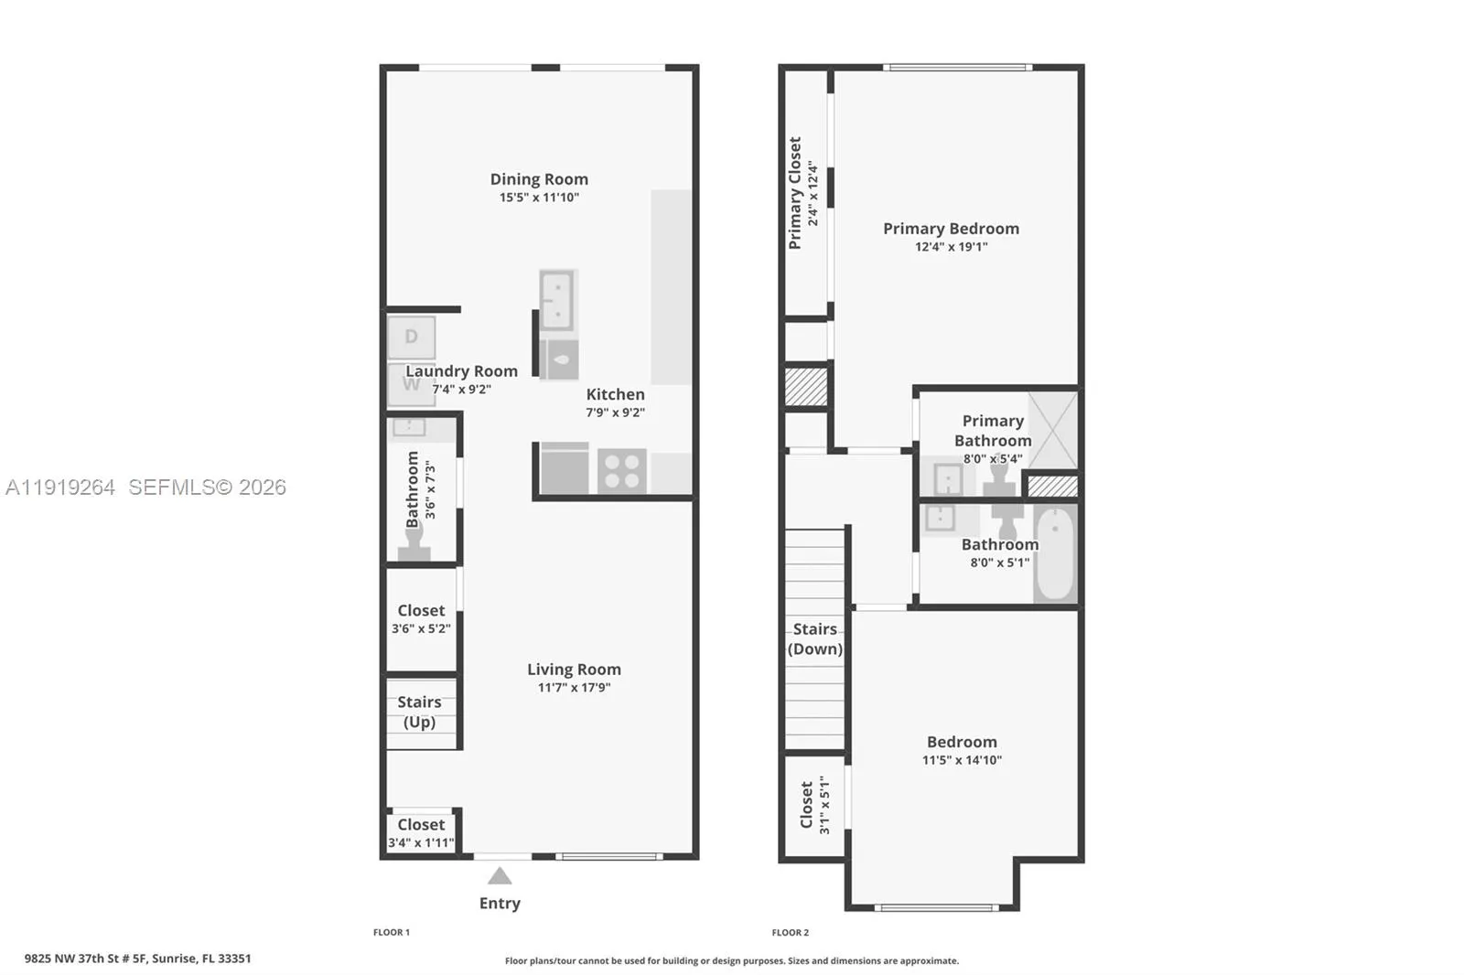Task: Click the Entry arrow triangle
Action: (500, 876)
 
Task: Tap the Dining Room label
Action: (539, 179)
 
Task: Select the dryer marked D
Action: (411, 337)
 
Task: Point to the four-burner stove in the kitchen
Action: (622, 472)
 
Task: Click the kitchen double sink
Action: (557, 300)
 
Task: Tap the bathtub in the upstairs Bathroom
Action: (1055, 552)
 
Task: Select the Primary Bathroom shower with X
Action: (1052, 430)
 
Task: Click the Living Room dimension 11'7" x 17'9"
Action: (574, 688)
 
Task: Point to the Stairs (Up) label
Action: (419, 712)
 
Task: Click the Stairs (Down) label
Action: (815, 638)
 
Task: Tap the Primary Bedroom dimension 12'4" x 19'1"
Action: (951, 247)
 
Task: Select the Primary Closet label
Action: (795, 193)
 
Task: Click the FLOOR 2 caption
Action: (790, 932)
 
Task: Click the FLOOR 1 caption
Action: (392, 932)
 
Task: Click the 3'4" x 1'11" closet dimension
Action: (421, 842)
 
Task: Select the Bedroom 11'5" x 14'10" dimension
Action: (962, 760)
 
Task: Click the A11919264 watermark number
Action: (60, 487)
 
